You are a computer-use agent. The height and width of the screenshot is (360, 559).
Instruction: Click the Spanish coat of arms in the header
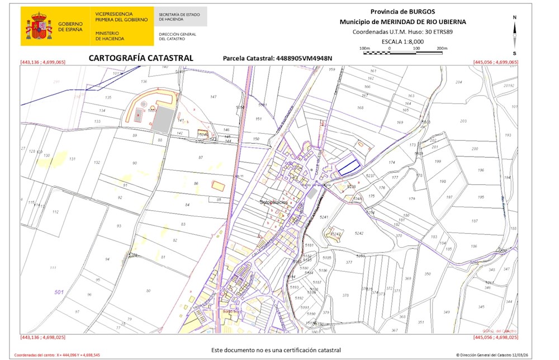tap(38, 26)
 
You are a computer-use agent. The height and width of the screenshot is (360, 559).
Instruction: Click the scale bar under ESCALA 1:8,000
tap(402, 53)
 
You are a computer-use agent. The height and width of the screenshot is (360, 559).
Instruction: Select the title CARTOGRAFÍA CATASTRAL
tap(141, 58)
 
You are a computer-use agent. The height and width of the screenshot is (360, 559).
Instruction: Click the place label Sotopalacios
tap(274, 202)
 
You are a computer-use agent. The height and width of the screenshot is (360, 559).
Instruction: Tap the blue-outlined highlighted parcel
tap(348, 164)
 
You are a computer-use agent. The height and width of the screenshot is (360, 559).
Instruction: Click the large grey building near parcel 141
tap(163, 120)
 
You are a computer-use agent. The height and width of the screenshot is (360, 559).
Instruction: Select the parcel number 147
tap(213, 97)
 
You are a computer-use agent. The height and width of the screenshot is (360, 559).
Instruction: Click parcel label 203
tap(463, 121)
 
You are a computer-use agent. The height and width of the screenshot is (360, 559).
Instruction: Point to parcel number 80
tap(148, 291)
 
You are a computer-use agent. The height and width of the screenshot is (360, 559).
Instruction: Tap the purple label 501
tap(59, 292)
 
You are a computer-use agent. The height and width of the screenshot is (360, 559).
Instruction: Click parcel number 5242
tap(359, 233)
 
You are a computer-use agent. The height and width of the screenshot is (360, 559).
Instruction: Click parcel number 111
tap(53, 268)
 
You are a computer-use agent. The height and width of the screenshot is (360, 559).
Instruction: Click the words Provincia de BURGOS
tap(402, 12)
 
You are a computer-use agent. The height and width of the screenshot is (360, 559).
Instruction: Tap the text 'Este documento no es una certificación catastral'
tap(276, 350)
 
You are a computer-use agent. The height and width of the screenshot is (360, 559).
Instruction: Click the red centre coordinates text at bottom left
tap(57, 355)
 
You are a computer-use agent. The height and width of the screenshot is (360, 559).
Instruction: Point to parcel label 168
tap(360, 108)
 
